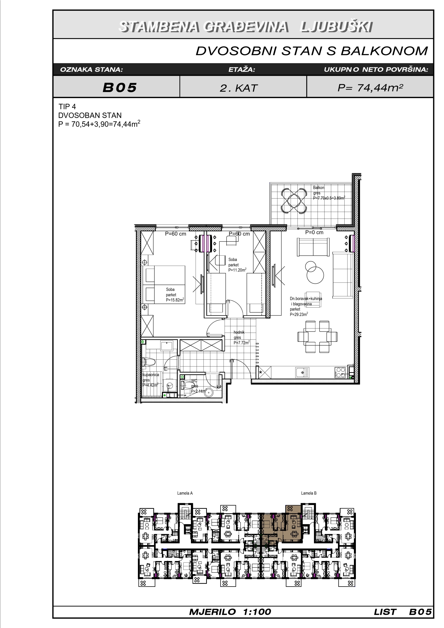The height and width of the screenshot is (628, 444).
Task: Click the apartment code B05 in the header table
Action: coord(120,88)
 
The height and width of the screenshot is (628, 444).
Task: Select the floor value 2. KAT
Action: coord(239,88)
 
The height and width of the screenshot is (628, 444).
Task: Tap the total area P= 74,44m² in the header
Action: coord(370,88)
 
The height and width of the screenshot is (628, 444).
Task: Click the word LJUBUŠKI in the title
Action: coord(336,27)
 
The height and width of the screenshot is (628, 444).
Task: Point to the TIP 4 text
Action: coord(67,106)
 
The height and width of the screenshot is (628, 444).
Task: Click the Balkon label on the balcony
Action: coord(319,188)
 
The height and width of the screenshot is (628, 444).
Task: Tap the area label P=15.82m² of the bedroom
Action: coord(175,300)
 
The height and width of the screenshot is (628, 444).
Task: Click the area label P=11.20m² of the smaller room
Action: coord(237,270)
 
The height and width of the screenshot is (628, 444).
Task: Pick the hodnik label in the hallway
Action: coord(239,332)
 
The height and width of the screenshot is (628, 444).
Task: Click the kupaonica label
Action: coord(150,375)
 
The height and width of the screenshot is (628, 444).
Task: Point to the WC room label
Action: coord(194,380)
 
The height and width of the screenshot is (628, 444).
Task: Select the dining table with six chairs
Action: coord(317,337)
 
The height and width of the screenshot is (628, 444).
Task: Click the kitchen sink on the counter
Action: coord(302,373)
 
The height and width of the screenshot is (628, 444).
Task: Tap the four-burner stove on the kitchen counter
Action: coord(340,373)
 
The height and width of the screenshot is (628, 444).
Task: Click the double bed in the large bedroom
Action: coord(164,285)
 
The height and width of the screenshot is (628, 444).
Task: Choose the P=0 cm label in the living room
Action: coord(314,233)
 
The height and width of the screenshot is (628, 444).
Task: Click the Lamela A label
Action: coord(185,493)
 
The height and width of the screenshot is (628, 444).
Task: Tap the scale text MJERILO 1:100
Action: coord(230,612)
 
